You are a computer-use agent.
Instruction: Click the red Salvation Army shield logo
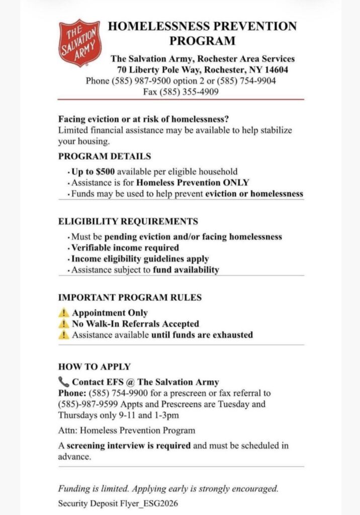point(79,43)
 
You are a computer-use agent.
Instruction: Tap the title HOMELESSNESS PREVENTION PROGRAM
point(202,33)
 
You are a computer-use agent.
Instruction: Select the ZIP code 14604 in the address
point(276,69)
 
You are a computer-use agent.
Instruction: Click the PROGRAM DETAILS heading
point(105,156)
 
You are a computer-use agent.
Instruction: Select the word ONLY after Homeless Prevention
point(234,183)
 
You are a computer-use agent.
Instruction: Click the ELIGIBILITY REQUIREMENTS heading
point(128,221)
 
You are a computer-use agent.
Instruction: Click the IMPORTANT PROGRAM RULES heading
point(130,298)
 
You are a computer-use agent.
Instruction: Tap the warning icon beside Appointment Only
point(63,313)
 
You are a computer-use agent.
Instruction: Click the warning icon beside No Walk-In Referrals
point(63,324)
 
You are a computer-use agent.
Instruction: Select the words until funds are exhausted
point(202,335)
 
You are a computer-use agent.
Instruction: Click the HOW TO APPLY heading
point(95,367)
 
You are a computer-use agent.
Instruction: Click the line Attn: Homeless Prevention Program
point(127,431)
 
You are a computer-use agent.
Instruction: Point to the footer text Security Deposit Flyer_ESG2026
point(118,503)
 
